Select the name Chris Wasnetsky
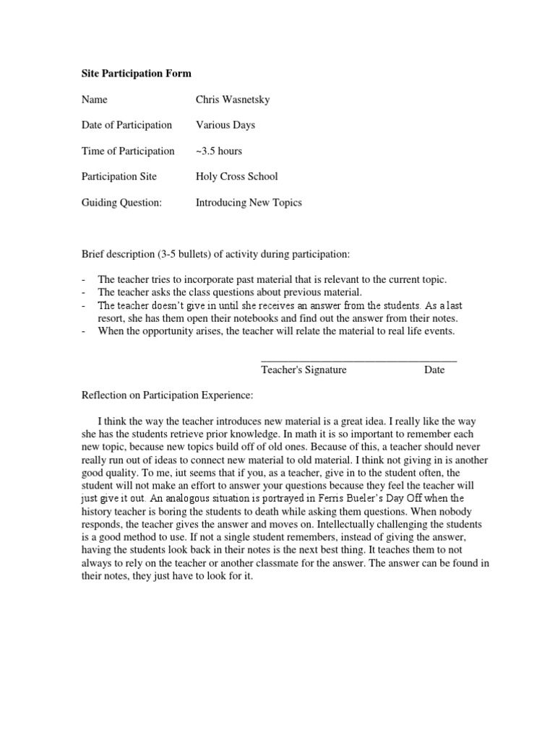(233, 100)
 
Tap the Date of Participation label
(126, 126)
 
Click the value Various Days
(225, 126)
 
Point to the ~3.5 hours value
(219, 151)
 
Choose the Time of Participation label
(128, 151)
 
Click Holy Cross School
(236, 177)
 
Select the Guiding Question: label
(122, 203)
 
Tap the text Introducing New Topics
(249, 203)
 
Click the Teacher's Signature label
(304, 370)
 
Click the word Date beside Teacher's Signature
(434, 370)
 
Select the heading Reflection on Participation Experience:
(168, 395)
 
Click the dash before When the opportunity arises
(85, 331)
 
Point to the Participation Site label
(119, 177)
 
